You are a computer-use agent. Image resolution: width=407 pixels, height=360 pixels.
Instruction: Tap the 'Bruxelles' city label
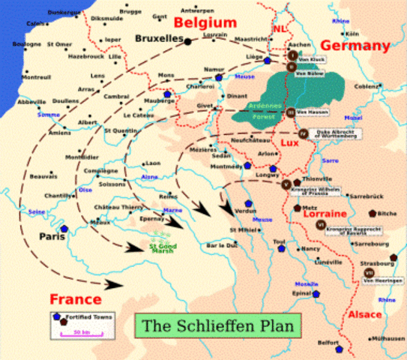click(159, 37)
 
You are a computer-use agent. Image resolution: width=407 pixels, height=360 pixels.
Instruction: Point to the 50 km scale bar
click(81, 330)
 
